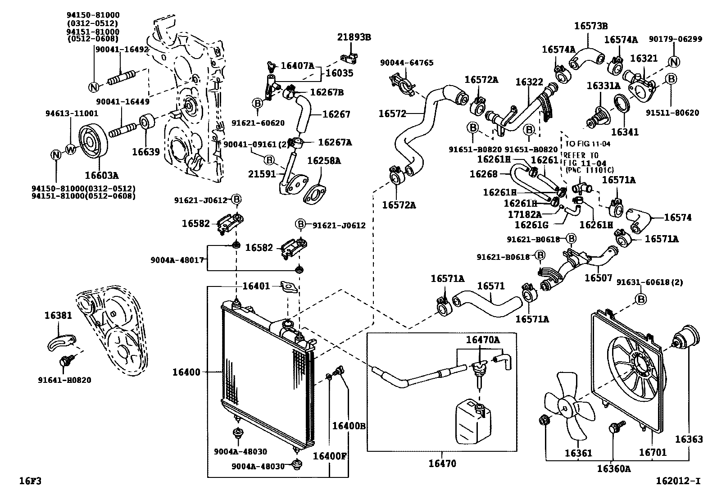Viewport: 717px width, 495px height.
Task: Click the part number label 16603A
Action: pyautogui.click(x=102, y=174)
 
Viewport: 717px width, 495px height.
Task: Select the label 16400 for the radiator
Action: pyautogui.click(x=186, y=372)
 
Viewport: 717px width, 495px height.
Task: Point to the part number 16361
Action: pyautogui.click(x=578, y=453)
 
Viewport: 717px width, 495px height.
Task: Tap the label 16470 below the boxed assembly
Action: pyautogui.click(x=442, y=463)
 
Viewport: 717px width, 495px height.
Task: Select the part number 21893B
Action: pyautogui.click(x=354, y=37)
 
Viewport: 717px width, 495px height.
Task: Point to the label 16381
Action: pyautogui.click(x=58, y=315)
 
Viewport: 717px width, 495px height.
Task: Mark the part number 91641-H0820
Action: pyautogui.click(x=64, y=380)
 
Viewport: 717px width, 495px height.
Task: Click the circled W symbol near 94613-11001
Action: pyautogui.click(x=71, y=149)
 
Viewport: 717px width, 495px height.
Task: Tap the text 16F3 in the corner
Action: pyautogui.click(x=30, y=481)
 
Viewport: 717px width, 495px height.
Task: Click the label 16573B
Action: pyautogui.click(x=591, y=26)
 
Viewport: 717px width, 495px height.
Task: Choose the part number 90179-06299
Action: pyautogui.click(x=675, y=39)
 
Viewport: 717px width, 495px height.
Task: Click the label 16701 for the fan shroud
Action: pyautogui.click(x=652, y=452)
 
